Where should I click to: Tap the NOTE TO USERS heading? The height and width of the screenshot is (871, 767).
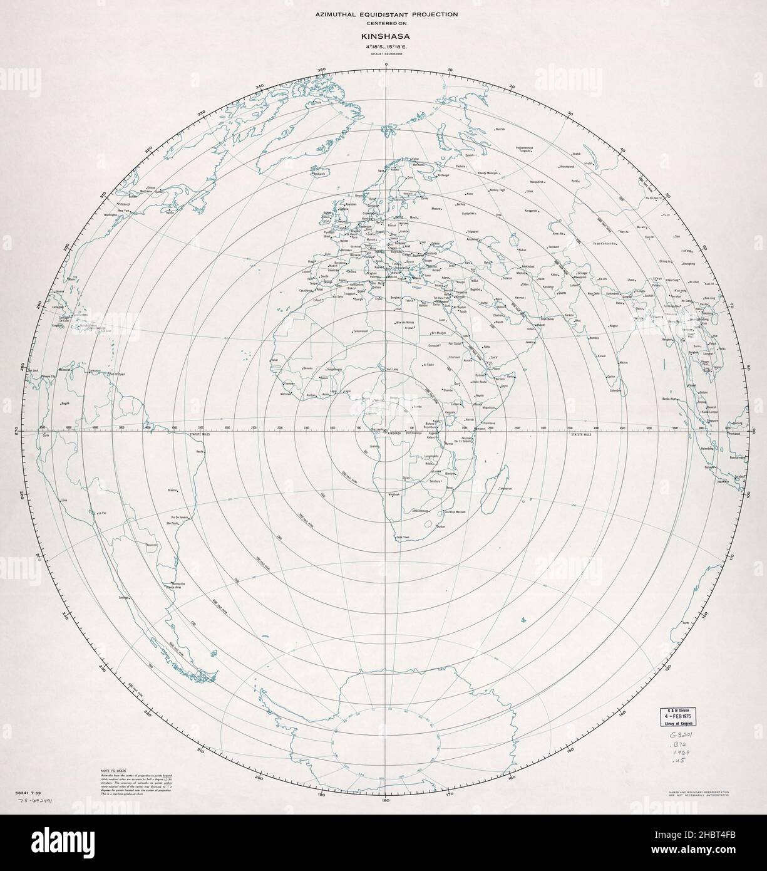click(113, 768)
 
